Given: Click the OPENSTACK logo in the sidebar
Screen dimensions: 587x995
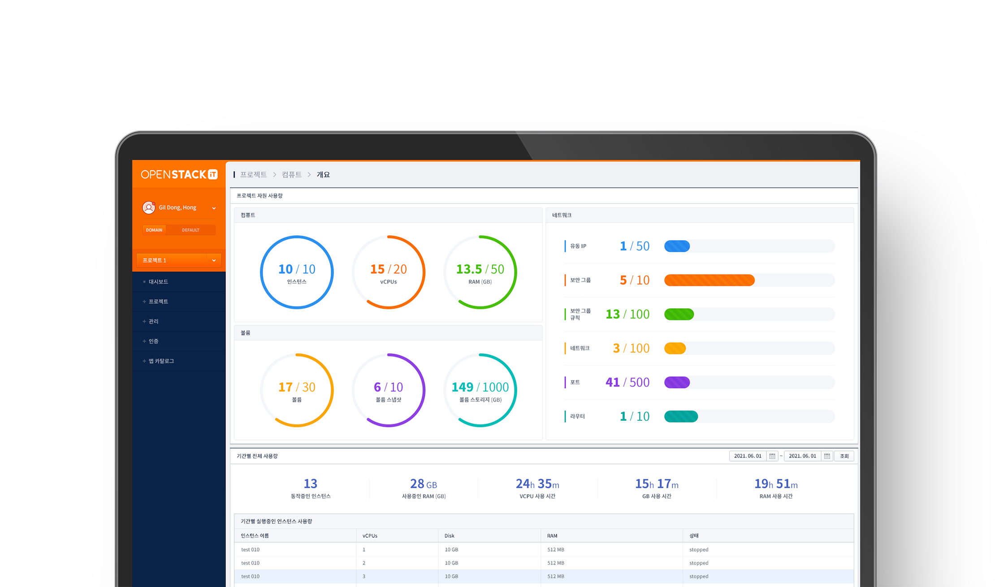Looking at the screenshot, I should pos(179,174).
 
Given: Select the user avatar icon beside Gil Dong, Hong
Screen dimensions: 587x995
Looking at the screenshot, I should pos(148,207).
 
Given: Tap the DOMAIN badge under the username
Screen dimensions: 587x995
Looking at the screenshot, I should pos(154,230).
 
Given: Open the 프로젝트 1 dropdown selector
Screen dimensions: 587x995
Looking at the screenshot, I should pos(178,260).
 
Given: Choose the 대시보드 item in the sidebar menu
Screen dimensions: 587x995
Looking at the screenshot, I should pos(158,282).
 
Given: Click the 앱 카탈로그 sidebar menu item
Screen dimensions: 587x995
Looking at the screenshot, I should pos(161,361).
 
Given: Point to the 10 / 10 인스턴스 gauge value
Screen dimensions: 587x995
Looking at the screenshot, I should pos(297,269).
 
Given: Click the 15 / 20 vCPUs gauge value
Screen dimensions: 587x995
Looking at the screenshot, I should pos(389,269).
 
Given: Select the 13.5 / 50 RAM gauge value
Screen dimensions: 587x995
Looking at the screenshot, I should pos(480,269).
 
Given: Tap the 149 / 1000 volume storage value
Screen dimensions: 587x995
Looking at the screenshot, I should pos(480,387).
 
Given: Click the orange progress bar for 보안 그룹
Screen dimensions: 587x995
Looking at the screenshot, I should pos(709,281).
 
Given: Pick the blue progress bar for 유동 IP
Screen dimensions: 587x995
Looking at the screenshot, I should pos(677,246).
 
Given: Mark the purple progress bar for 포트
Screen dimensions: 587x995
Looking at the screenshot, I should pos(677,383).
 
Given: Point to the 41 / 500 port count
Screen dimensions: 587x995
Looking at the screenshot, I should pos(627,383).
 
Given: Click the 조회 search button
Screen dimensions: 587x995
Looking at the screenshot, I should pos(844,456).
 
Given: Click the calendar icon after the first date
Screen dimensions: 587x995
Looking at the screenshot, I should pos(772,456).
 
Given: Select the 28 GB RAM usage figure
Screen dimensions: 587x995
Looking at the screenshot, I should pos(424,484).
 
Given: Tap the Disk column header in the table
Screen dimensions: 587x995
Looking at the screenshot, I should pos(450,536).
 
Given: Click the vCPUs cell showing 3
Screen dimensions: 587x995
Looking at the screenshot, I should pos(364,577).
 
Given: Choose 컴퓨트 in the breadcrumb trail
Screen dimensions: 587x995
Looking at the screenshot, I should pos(291,175).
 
